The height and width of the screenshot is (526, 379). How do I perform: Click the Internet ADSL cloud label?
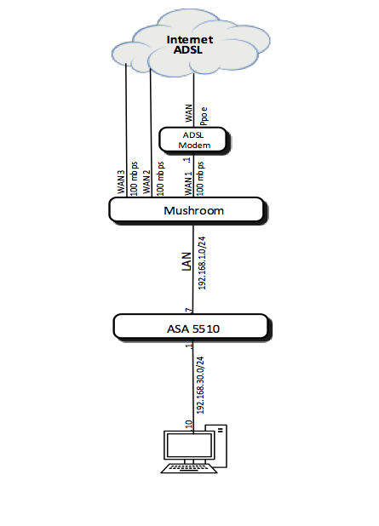point(190,44)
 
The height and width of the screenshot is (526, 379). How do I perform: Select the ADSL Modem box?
point(194,140)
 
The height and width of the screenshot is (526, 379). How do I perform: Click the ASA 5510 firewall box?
point(192,328)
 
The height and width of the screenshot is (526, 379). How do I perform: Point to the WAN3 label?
point(121,182)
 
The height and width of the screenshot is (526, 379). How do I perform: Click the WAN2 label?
point(146,182)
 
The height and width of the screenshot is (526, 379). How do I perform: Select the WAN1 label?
point(188,184)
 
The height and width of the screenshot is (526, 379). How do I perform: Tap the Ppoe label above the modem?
point(204,116)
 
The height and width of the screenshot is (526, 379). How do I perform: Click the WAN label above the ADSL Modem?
point(189,113)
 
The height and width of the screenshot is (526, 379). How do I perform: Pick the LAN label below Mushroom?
point(187,261)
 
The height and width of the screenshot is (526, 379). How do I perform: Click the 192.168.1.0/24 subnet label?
point(202,263)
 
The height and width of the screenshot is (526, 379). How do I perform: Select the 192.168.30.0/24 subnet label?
point(200,385)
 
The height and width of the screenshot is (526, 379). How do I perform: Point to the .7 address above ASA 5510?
point(189,311)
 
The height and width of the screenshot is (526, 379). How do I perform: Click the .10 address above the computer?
point(189,425)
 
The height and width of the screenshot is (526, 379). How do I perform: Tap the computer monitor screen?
point(189,445)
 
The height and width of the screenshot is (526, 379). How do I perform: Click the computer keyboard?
point(189,468)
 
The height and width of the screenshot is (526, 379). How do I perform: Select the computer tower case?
point(219,446)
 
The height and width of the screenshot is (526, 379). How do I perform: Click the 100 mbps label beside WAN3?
point(134,179)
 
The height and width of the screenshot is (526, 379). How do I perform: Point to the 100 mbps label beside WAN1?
point(200,179)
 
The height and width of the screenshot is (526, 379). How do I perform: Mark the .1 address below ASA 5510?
point(189,346)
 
